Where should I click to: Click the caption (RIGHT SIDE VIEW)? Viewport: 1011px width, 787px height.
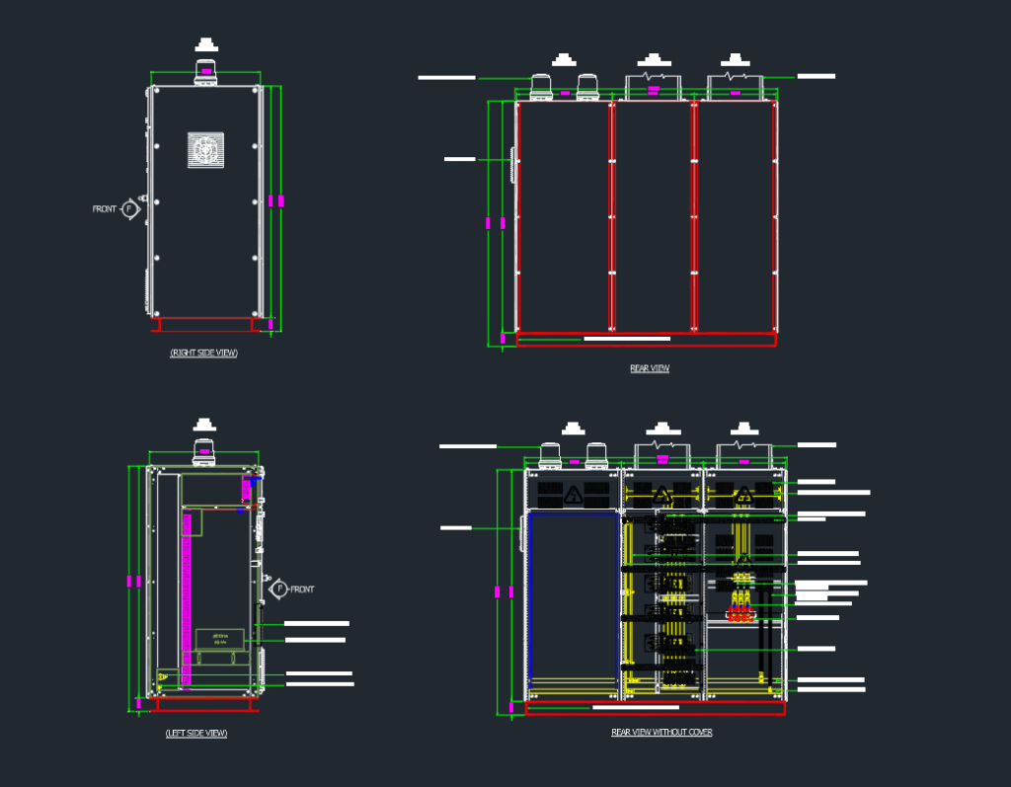tap(204, 353)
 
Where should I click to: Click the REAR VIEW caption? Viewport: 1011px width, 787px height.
tap(650, 368)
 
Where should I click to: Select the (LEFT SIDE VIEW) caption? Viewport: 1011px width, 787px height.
tap(196, 733)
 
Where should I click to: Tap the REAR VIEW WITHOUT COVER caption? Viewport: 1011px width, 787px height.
tap(661, 733)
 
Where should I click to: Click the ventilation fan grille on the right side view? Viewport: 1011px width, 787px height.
tap(205, 150)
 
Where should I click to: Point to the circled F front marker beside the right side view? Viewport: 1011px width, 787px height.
tap(130, 209)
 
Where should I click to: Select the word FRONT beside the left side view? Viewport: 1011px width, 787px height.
tap(302, 590)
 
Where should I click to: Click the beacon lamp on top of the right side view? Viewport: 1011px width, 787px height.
tap(205, 71)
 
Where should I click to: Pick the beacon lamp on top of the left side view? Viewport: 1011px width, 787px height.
tap(203, 451)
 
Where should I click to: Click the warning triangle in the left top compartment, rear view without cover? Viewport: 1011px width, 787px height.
tap(573, 494)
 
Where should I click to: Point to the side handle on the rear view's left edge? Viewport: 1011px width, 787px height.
tap(512, 165)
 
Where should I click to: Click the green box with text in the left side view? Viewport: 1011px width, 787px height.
tap(219, 638)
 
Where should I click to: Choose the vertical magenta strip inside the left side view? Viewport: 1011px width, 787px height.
tap(186, 592)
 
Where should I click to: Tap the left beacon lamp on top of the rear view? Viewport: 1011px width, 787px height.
tap(542, 88)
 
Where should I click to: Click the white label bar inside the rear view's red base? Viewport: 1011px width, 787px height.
tap(627, 339)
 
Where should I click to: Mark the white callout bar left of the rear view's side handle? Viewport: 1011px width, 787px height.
tap(460, 158)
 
